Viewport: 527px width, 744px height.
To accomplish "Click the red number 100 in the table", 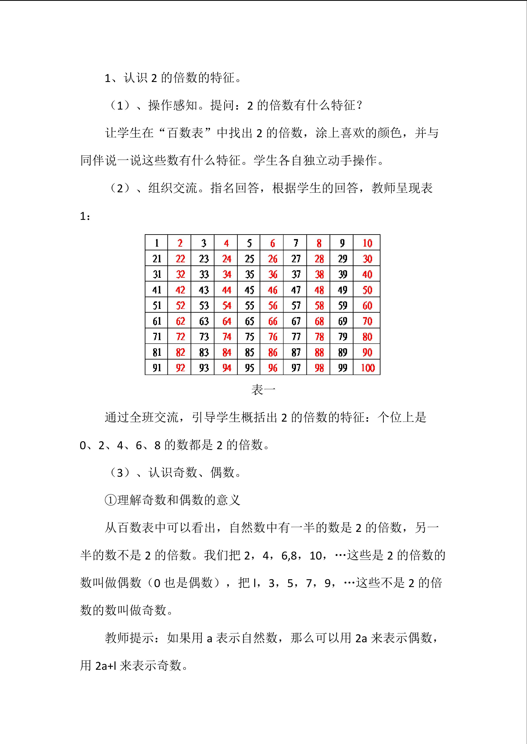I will point(367,368).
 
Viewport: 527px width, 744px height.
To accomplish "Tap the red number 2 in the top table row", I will point(180,243).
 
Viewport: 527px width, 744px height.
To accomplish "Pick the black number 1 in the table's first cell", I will point(157,243).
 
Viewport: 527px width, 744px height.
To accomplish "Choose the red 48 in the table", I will point(319,290).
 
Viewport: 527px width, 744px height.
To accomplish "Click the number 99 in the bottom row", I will point(342,368).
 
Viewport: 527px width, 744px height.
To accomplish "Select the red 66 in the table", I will point(273,321).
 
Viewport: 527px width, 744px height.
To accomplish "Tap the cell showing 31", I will point(157,274).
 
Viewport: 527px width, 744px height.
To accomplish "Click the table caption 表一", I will point(263,390).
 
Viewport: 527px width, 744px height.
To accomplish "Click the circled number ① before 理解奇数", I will point(110,500).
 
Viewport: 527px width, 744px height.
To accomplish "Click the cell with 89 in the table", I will point(342,352).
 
